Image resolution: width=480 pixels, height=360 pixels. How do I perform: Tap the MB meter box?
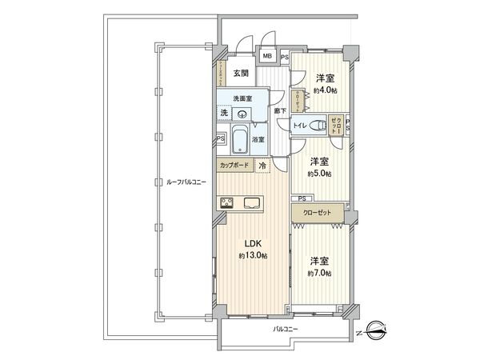(x=266, y=58)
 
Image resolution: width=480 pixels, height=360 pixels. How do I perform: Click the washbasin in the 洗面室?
(x=240, y=113)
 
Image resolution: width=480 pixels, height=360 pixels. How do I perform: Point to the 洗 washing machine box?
(x=223, y=113)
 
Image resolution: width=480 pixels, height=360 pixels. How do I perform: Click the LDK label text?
(x=251, y=243)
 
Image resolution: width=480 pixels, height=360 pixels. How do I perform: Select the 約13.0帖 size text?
(x=251, y=255)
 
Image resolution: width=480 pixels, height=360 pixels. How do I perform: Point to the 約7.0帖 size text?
(x=320, y=272)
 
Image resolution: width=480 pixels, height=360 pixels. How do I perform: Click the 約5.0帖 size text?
(x=320, y=173)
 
